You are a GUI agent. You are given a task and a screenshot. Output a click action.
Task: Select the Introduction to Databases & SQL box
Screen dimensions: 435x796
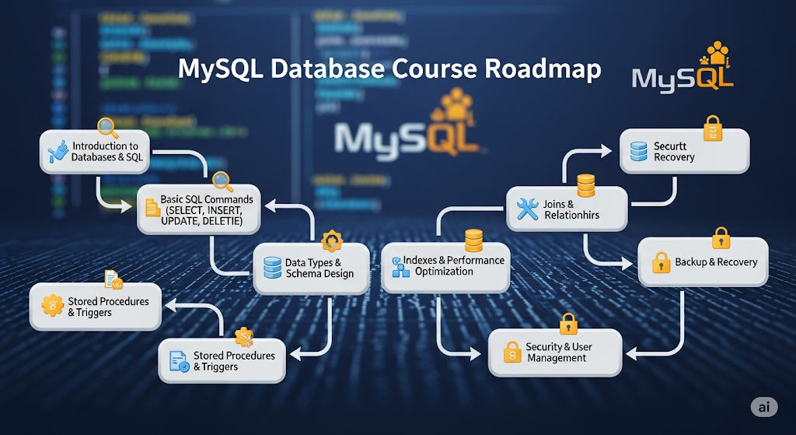click(94, 152)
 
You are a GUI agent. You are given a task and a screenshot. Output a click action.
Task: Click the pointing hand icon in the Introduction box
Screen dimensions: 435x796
click(58, 152)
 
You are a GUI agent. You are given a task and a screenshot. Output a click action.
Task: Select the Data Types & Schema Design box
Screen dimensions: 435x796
click(311, 268)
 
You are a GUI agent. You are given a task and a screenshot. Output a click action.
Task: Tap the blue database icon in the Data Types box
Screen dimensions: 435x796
click(272, 268)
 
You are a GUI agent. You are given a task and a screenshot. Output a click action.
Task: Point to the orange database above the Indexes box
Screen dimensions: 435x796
click(474, 240)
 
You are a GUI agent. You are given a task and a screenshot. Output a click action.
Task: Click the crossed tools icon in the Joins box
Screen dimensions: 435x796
click(528, 209)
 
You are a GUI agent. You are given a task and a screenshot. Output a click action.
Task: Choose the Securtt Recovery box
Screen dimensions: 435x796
click(684, 151)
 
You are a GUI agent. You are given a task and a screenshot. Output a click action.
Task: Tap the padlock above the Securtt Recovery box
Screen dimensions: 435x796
click(712, 128)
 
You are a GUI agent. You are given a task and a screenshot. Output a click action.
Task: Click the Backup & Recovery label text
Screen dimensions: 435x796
click(716, 262)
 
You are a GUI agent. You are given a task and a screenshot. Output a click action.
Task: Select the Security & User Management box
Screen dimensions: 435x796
click(555, 353)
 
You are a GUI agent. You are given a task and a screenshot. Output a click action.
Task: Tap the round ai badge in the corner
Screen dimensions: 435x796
click(764, 407)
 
